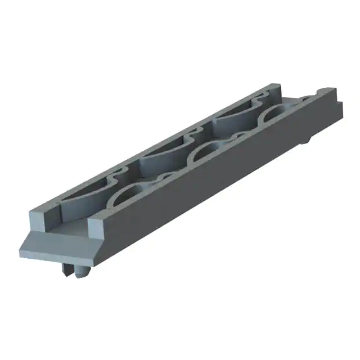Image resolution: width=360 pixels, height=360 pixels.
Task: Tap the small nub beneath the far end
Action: pos(305,139)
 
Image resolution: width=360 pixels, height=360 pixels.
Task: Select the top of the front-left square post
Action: pos(40,211)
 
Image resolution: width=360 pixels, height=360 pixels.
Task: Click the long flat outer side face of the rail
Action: pos(214,180)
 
